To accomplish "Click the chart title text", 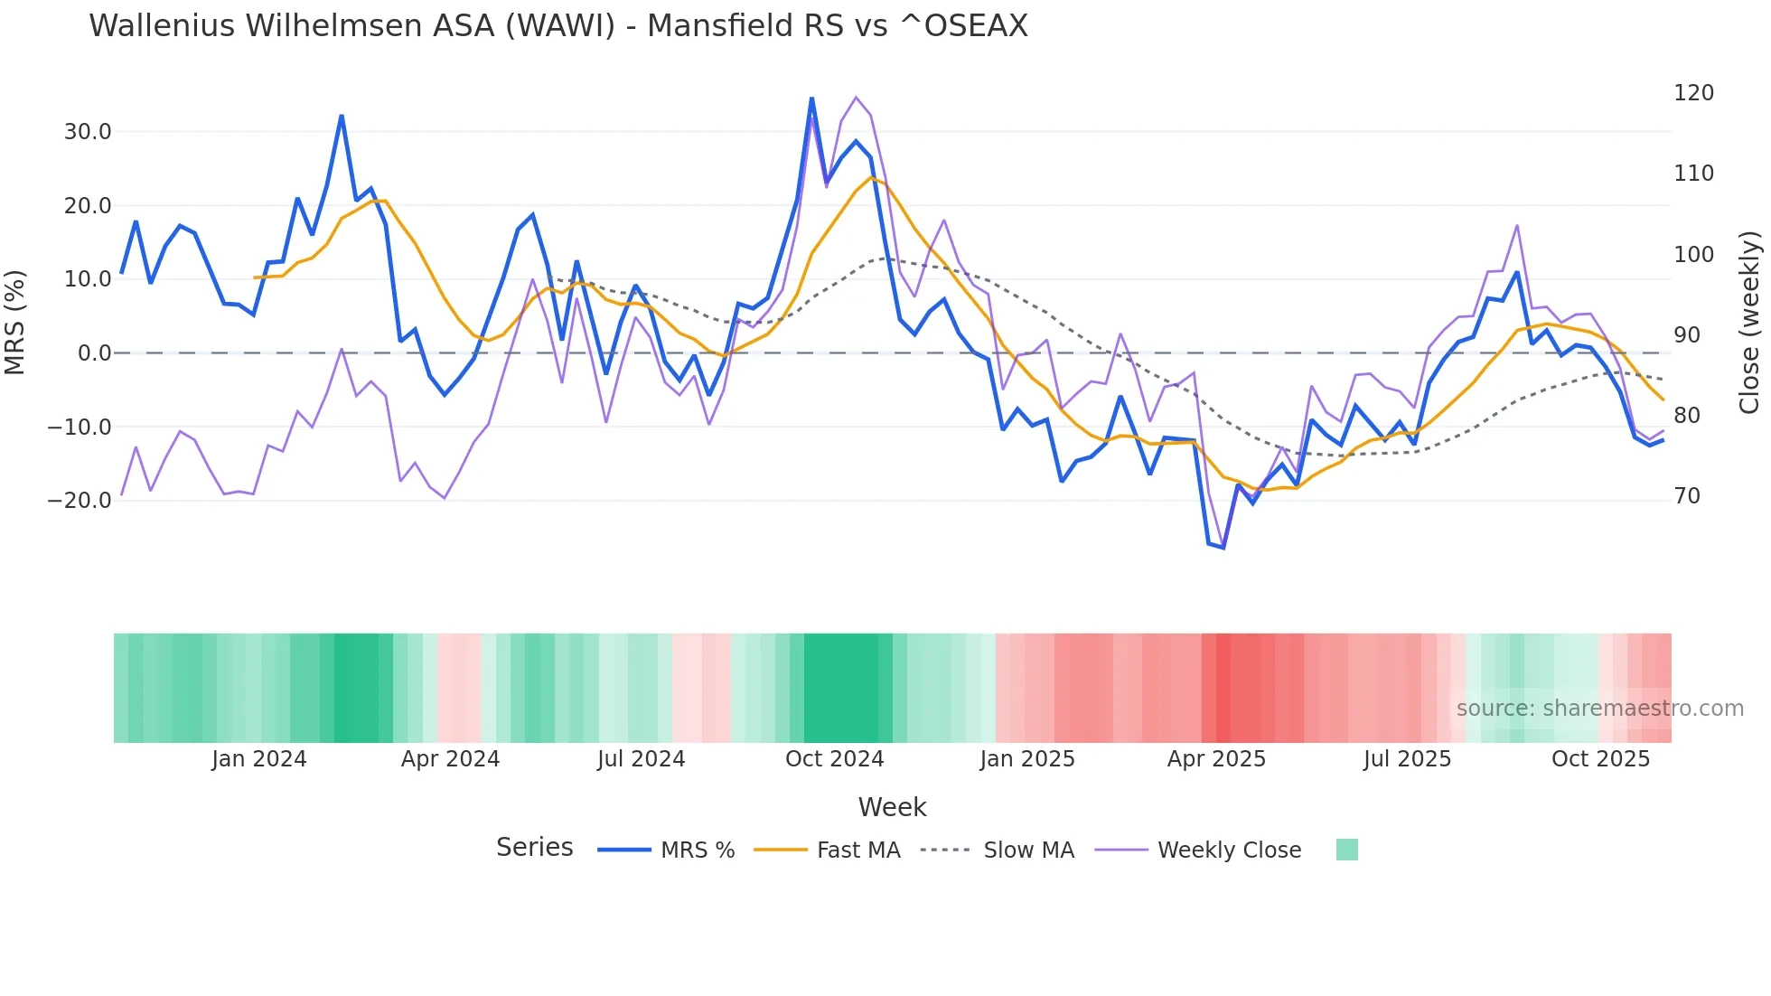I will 558,26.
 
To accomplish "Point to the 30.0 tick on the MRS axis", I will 88,132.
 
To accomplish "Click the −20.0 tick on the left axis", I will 80,500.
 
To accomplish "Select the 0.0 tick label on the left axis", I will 94,353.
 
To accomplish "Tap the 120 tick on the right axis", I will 1693,93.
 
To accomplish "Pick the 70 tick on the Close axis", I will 1687,496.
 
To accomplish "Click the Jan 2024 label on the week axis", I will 259,759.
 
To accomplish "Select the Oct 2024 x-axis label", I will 834,759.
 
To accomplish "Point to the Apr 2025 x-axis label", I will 1216,759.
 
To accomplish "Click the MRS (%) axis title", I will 15,322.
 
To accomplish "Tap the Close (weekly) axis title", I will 1749,323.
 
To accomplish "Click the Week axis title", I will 892,807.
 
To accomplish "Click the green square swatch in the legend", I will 1346,850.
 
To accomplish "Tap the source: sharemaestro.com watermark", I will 1599,709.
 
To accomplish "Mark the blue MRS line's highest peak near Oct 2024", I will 811,99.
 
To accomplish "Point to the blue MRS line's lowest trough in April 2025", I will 1223,548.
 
